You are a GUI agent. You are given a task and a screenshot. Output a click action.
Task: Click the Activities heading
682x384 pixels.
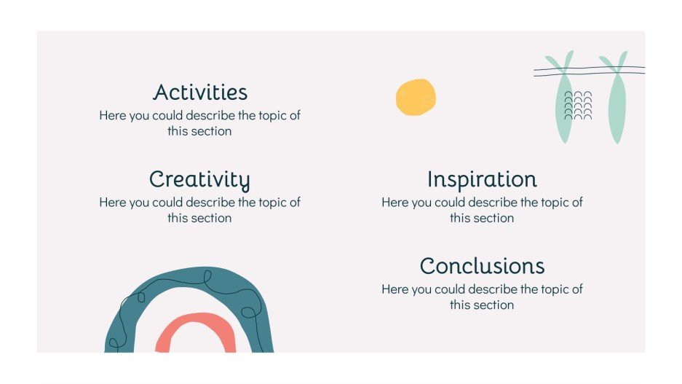[200, 93]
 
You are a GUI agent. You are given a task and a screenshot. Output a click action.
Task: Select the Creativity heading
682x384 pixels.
[199, 179]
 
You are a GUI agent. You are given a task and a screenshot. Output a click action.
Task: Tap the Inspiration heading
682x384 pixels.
[482, 179]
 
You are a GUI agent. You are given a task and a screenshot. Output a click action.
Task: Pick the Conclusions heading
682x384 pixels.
[482, 266]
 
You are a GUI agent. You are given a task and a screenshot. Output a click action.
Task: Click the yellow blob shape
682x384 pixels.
[416, 97]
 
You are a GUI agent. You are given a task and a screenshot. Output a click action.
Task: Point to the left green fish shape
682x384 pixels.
[563, 106]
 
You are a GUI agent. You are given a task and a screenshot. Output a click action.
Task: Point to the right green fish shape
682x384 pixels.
[616, 106]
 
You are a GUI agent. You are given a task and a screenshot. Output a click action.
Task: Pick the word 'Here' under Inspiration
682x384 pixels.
[395, 202]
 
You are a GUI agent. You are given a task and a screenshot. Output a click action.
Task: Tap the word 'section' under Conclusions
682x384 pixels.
[493, 305]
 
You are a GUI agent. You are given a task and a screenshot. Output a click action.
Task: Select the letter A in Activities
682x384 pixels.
[162, 93]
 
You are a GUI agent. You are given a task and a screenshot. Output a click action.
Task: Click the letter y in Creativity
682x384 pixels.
[244, 181]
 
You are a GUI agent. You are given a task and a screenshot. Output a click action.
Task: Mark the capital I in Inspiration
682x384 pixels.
[431, 179]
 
